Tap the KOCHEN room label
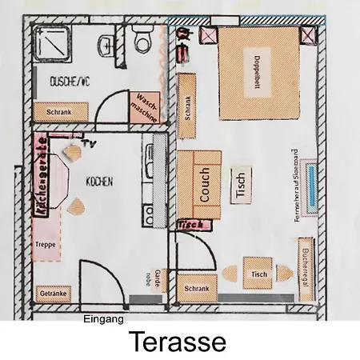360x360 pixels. pos(100,182)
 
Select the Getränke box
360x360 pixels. pos(53,294)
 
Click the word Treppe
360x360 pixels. pos(45,245)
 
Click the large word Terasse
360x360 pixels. pos(178,342)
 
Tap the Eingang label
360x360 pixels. pos(103,319)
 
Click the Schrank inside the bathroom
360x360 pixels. pos(58,113)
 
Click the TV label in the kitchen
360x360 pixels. pos(91,144)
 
